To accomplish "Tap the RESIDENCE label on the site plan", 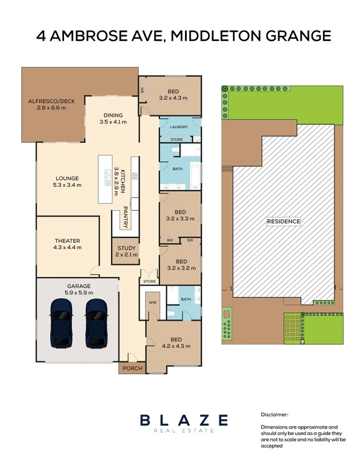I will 284,221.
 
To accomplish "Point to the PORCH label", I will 130,368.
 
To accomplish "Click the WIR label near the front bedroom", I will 152,302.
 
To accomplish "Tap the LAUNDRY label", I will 179,127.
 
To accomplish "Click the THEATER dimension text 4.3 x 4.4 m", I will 68,248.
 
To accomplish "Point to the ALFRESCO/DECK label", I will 51,101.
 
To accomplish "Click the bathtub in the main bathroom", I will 194,176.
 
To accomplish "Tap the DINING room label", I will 113,115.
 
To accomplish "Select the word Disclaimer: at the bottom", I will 275,415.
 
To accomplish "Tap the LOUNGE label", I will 67,179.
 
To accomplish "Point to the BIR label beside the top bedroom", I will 142,90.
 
